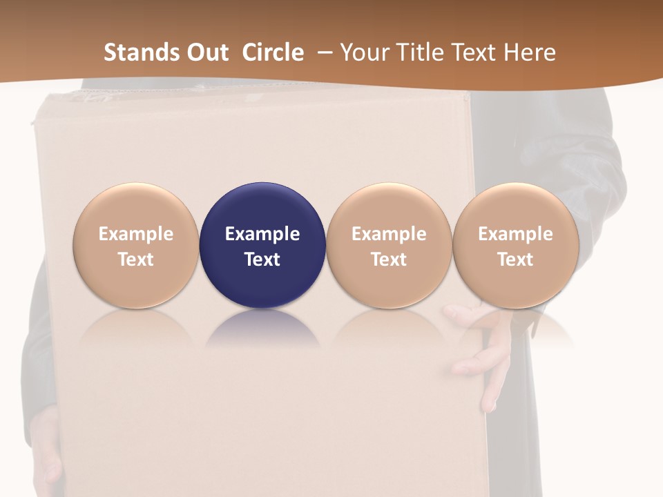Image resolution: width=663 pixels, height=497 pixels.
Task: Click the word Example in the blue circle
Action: click(x=262, y=234)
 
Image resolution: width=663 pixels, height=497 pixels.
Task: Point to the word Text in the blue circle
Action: click(x=262, y=260)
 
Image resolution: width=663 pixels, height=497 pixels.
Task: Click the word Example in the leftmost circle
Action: click(x=135, y=234)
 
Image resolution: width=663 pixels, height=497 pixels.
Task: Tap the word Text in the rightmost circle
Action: click(x=515, y=260)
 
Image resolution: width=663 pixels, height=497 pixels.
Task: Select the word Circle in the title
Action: click(x=273, y=52)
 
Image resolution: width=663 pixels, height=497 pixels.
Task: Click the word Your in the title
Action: click(x=364, y=52)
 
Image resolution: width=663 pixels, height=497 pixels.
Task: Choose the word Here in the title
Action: click(x=530, y=52)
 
